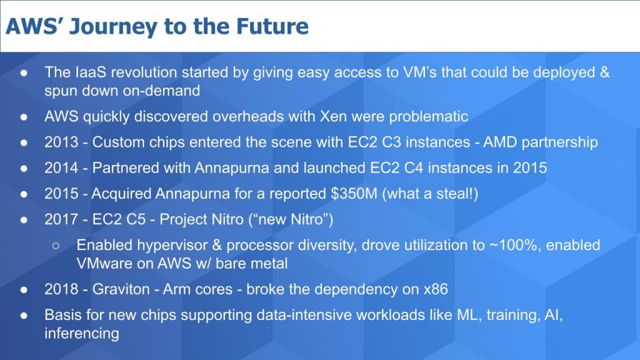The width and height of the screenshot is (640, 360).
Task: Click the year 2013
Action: click(x=61, y=142)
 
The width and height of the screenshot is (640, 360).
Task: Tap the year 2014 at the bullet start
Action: click(x=61, y=168)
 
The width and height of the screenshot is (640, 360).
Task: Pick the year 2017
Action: click(x=61, y=219)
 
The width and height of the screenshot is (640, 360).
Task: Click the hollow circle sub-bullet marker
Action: click(x=56, y=246)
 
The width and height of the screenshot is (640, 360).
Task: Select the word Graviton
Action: click(x=122, y=289)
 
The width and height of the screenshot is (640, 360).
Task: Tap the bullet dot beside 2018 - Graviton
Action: click(x=24, y=290)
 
